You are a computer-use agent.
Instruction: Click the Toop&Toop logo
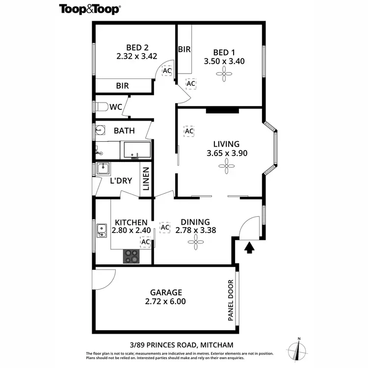tap(90, 9)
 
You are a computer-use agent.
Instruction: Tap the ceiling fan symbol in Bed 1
tap(224, 75)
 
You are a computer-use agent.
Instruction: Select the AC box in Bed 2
tap(167, 70)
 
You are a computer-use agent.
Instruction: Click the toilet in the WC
tap(101, 107)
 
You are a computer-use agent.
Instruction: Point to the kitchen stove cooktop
tap(131, 256)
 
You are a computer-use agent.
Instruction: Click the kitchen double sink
tap(102, 230)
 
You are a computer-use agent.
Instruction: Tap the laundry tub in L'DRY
tap(104, 169)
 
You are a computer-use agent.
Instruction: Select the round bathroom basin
tap(100, 131)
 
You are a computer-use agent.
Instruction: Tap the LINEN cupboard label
tap(146, 180)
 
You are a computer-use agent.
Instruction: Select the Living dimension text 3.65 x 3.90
tap(226, 153)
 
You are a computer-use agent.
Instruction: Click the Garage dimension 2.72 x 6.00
tap(165, 302)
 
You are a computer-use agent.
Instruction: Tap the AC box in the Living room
tap(188, 131)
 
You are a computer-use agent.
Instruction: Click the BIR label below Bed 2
tap(122, 86)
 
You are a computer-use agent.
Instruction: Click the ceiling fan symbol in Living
tap(226, 167)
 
